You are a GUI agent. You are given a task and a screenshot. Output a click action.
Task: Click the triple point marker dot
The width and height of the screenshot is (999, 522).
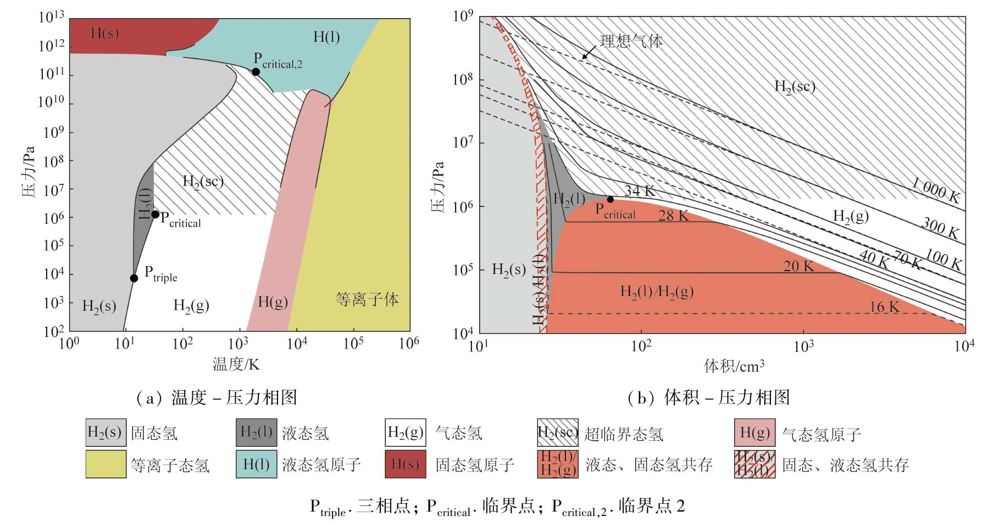click(x=134, y=278)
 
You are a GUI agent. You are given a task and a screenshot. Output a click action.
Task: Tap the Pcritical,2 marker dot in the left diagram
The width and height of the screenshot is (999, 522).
click(x=256, y=72)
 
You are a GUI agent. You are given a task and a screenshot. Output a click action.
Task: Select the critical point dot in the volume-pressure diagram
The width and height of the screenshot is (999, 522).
click(x=610, y=199)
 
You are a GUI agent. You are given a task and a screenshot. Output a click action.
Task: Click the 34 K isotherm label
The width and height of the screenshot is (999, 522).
click(x=640, y=191)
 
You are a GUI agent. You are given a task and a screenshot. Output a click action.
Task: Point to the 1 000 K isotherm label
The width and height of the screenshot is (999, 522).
click(x=935, y=190)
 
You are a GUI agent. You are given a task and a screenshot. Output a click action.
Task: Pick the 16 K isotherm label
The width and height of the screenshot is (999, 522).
click(x=884, y=307)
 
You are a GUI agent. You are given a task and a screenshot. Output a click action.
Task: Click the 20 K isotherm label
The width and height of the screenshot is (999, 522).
click(x=798, y=266)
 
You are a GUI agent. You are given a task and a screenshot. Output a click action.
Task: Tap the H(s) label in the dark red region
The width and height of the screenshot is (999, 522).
click(x=104, y=33)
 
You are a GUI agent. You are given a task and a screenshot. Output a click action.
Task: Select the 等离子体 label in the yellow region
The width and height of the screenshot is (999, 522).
click(x=367, y=299)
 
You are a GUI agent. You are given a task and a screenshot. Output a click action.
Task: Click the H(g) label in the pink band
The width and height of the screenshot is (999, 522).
click(x=273, y=301)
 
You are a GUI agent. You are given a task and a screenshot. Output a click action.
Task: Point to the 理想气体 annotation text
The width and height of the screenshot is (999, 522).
click(x=631, y=41)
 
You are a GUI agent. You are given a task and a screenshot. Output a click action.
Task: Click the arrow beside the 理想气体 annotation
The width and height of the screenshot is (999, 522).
click(x=588, y=52)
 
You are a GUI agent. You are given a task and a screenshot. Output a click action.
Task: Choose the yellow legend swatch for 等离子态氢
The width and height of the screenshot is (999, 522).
click(x=106, y=464)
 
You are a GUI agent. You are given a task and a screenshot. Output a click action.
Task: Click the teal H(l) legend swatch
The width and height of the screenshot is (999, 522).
click(x=256, y=464)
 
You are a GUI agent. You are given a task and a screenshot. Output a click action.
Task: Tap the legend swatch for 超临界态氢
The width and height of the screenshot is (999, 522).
click(x=557, y=433)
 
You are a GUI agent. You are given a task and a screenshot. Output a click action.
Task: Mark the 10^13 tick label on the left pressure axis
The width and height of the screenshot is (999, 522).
click(x=52, y=18)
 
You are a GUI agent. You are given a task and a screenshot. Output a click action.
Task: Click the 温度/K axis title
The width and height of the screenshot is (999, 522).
click(x=236, y=364)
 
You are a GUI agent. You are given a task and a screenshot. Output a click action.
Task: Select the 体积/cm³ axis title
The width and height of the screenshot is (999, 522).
click(x=734, y=366)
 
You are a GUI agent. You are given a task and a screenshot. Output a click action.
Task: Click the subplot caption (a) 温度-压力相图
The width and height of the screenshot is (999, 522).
click(x=216, y=397)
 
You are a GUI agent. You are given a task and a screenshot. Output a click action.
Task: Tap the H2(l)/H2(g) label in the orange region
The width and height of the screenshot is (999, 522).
click(x=657, y=292)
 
